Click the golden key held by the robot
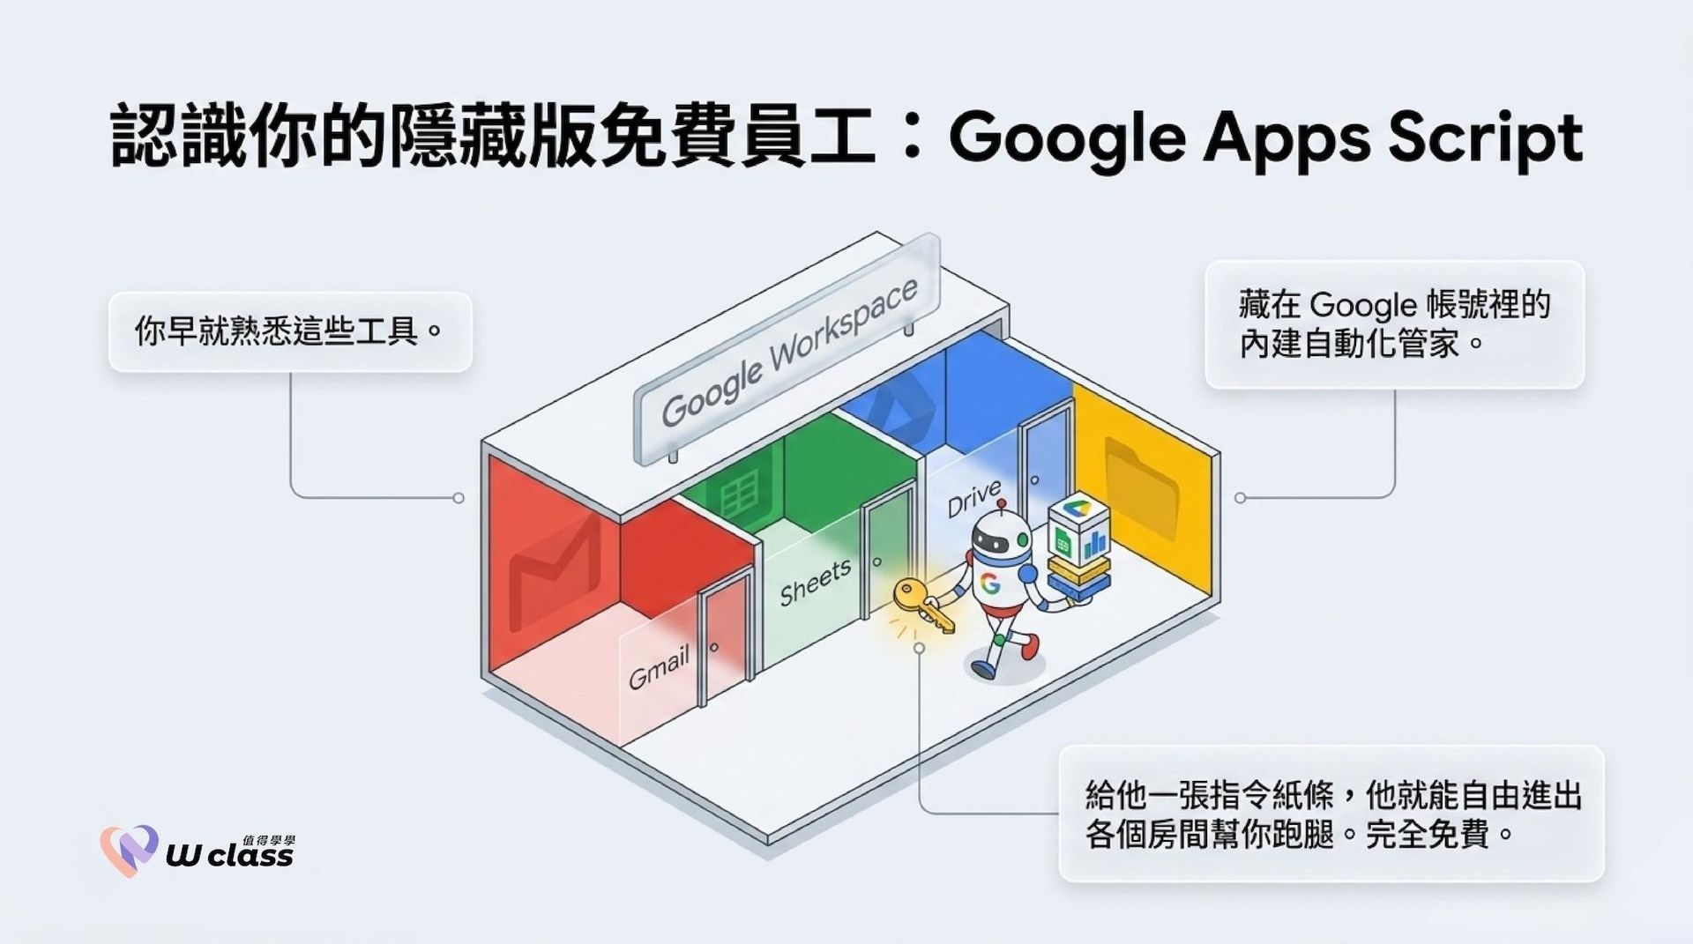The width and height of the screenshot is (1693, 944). (x=921, y=605)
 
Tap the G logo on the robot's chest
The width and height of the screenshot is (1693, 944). (x=990, y=583)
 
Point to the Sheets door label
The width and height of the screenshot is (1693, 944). (x=816, y=583)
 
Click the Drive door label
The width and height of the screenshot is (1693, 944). (x=974, y=499)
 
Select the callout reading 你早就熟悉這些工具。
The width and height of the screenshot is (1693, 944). (x=290, y=331)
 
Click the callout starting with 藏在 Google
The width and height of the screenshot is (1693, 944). (x=1394, y=324)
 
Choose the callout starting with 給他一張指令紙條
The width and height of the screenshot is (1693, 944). (x=1331, y=814)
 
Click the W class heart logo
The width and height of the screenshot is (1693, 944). (x=129, y=850)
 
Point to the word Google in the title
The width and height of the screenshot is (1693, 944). (x=1066, y=140)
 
